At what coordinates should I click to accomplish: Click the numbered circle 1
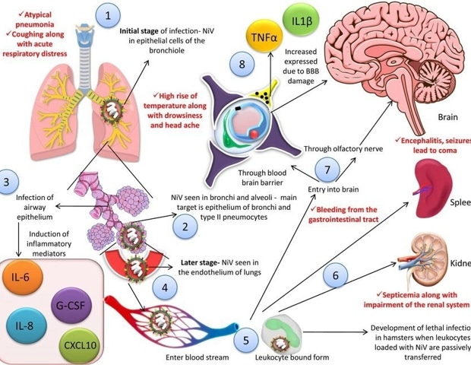click(x=112, y=15)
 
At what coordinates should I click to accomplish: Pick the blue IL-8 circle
click(x=24, y=328)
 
